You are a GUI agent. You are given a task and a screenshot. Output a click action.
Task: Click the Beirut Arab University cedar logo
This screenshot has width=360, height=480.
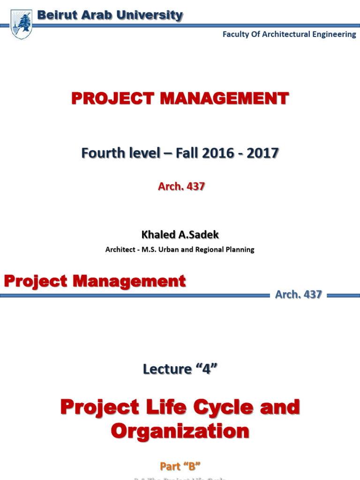coord(21,24)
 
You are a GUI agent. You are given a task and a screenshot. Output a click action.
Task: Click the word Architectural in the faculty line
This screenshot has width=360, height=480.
coord(281,35)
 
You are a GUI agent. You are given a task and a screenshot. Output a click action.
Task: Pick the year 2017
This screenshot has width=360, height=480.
coord(262,153)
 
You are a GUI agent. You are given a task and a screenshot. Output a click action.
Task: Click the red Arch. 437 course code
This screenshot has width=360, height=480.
coord(181,187)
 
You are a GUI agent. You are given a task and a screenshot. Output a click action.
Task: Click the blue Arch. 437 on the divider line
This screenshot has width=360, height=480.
coord(299,295)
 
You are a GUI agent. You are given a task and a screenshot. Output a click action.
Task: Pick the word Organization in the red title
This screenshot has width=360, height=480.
coord(180,431)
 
